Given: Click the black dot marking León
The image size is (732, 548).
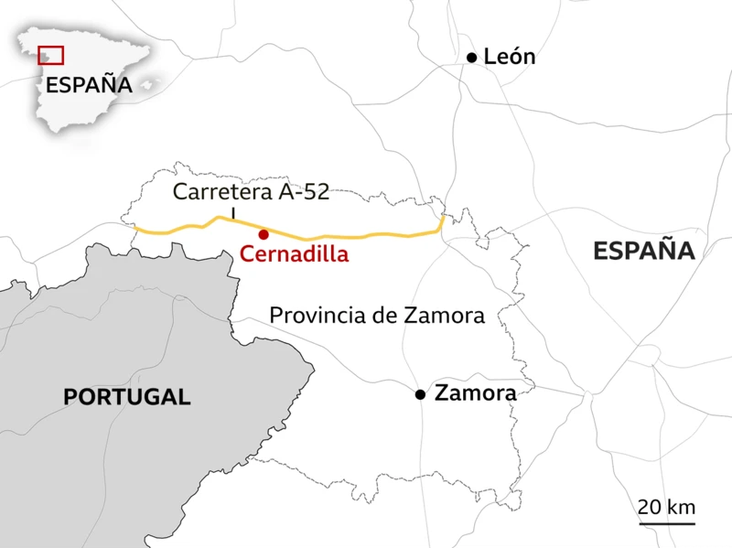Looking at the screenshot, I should (x=472, y=58).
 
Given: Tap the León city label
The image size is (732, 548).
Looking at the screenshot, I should (x=510, y=57).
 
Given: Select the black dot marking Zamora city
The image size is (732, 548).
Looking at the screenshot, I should (x=420, y=394).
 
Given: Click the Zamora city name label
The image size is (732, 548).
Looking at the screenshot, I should (x=476, y=393).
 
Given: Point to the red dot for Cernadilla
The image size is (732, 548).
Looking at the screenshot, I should (x=264, y=234).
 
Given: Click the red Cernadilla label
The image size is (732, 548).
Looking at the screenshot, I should (x=294, y=254).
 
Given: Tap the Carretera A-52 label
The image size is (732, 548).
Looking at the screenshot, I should (x=250, y=192).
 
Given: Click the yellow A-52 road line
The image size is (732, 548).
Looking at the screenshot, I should (x=366, y=236).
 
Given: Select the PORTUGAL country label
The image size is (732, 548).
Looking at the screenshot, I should (x=127, y=397).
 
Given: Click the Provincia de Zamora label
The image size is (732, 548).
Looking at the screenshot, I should (x=376, y=316).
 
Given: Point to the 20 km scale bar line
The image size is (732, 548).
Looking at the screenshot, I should (x=667, y=524).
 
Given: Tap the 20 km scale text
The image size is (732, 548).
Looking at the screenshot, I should (x=667, y=507).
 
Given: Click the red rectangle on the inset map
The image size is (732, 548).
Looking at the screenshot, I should (x=51, y=55).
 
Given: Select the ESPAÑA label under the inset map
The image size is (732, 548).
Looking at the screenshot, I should (x=89, y=85).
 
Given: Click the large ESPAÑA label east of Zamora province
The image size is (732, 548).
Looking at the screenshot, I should (x=644, y=251).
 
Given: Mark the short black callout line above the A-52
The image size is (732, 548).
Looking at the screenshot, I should (x=233, y=214).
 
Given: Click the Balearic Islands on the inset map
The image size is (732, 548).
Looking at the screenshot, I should (x=149, y=82).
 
